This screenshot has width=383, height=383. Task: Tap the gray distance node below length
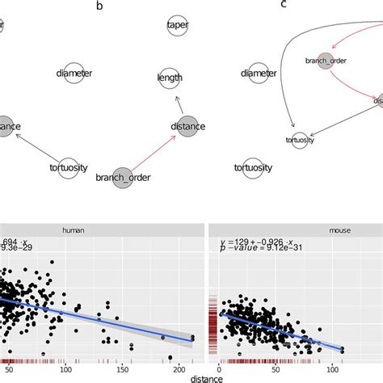click(187, 126)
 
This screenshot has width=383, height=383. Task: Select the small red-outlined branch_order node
click(321, 61)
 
